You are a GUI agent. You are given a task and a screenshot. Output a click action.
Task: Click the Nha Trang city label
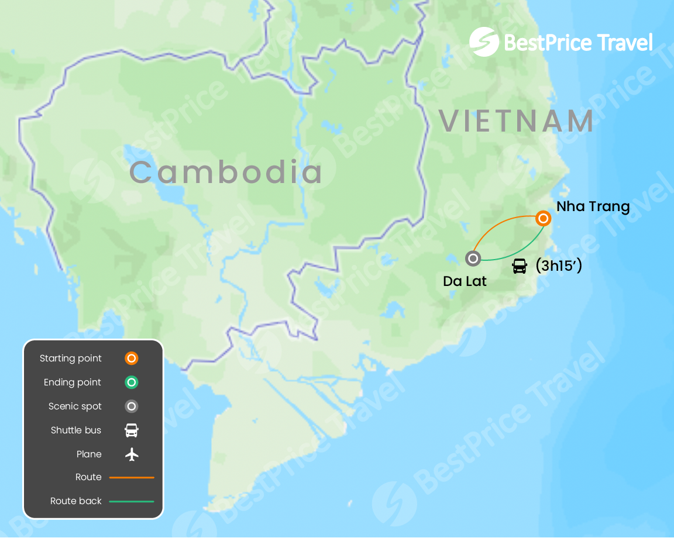pyautogui.click(x=593, y=206)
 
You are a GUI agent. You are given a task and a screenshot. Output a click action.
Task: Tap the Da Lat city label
pyautogui.click(x=465, y=281)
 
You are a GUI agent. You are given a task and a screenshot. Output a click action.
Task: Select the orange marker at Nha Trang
pyautogui.click(x=543, y=219)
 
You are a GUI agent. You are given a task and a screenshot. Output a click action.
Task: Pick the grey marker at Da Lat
pyautogui.click(x=473, y=258)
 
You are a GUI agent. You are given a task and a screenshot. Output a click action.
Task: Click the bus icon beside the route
pyautogui.click(x=519, y=266)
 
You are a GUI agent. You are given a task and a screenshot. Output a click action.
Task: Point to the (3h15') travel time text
pyautogui.click(x=559, y=266)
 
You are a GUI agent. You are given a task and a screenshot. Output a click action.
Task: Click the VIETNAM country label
pyautogui.click(x=517, y=121)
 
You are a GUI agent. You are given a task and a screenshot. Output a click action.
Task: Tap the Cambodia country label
pyautogui.click(x=226, y=173)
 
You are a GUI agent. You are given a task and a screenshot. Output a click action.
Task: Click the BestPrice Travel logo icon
pyautogui.click(x=484, y=42)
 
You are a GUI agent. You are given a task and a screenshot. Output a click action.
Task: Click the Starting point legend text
pyautogui.click(x=71, y=358)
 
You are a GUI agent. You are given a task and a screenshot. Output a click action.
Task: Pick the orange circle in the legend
pyautogui.click(x=132, y=358)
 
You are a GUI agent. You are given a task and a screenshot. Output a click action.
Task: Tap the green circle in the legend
pyautogui.click(x=132, y=382)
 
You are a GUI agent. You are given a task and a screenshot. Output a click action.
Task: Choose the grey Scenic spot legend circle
pyautogui.click(x=132, y=406)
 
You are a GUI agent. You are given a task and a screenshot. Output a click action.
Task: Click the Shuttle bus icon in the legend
pyautogui.click(x=132, y=430)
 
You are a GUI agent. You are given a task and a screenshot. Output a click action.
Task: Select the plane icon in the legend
pyautogui.click(x=132, y=454)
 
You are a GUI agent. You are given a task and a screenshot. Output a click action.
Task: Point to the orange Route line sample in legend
pyautogui.click(x=132, y=478)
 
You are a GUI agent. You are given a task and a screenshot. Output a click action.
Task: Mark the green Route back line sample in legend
pyautogui.click(x=132, y=502)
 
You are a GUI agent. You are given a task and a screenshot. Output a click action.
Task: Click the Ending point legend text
pyautogui.click(x=73, y=382)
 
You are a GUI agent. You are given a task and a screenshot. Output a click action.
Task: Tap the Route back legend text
pyautogui.click(x=76, y=501)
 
